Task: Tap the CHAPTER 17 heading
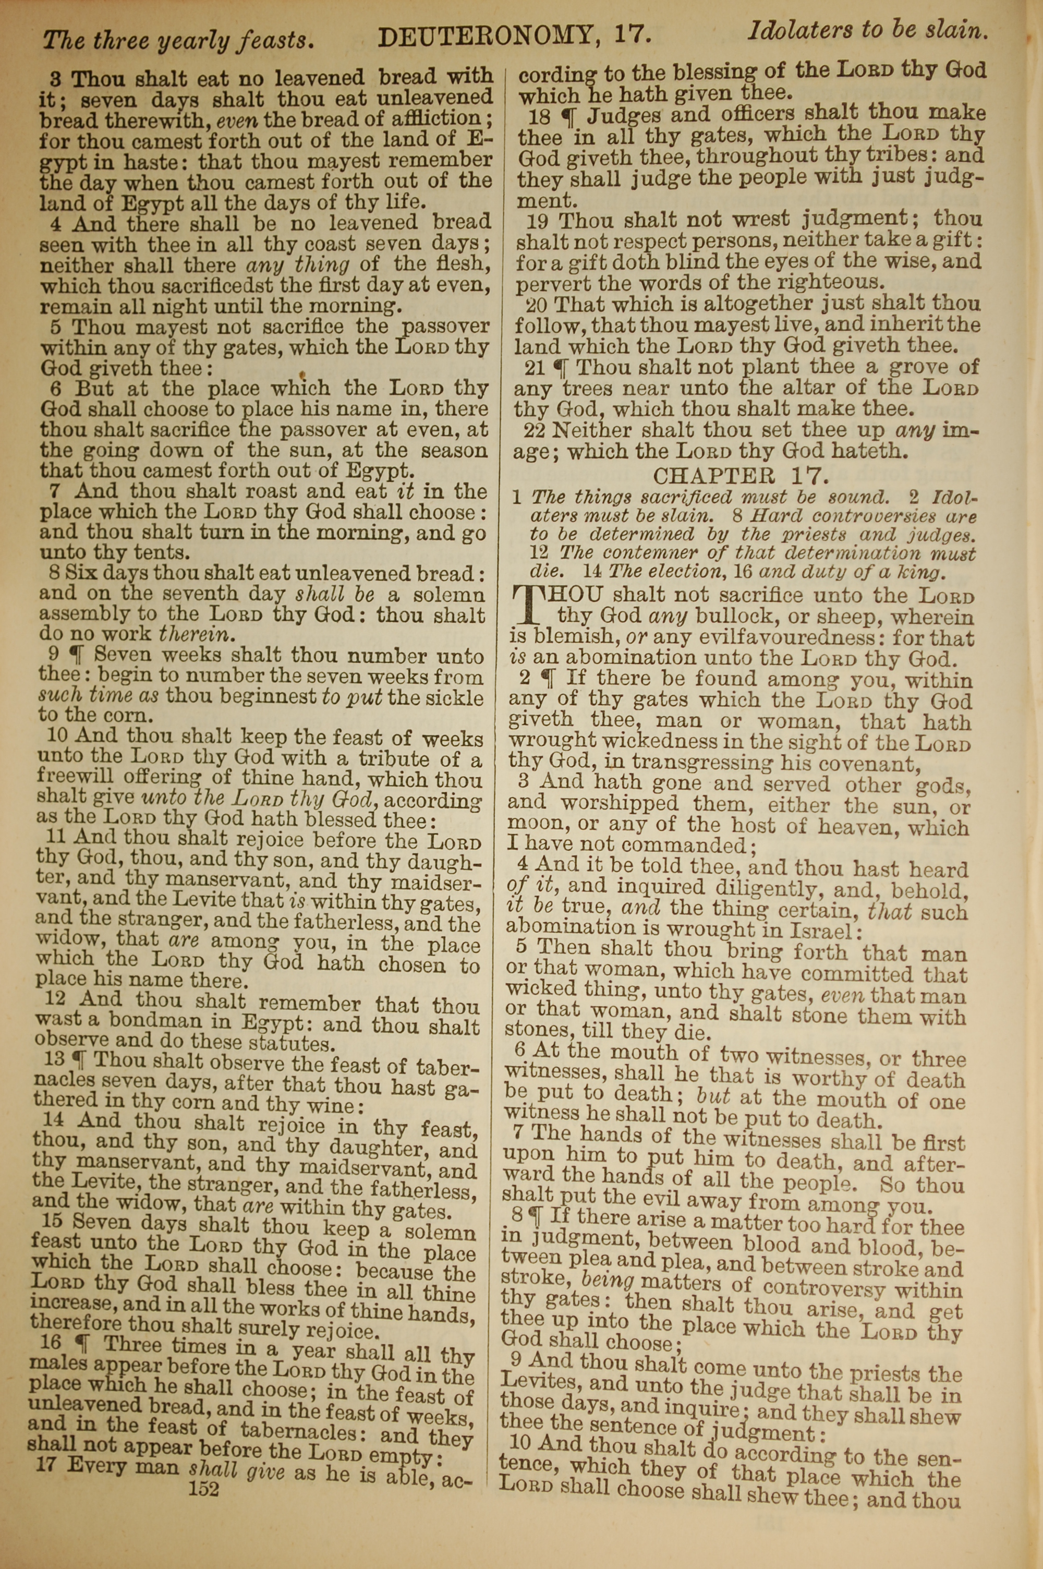742,476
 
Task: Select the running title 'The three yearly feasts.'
178,40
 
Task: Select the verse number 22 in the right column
534,430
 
